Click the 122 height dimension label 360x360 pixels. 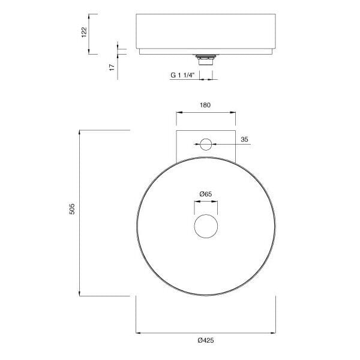pos(84,32)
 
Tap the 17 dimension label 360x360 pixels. pos(112,67)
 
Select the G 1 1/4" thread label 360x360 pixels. pos(183,75)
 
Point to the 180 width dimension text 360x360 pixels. pos(205,105)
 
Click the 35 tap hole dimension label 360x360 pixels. pos(245,139)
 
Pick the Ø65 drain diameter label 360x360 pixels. pos(206,194)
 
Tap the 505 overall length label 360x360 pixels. pos(72,209)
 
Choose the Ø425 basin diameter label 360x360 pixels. pos(206,340)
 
